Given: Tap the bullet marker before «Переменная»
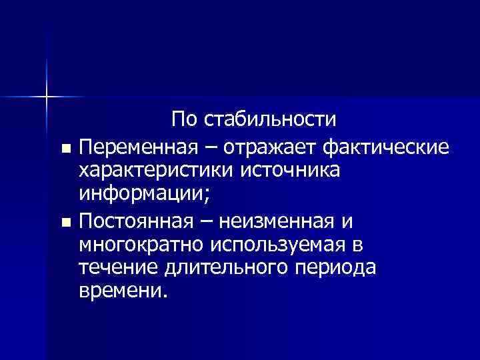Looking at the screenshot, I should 64,147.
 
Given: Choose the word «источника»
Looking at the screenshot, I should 293,170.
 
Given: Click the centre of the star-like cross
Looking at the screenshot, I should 47,97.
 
